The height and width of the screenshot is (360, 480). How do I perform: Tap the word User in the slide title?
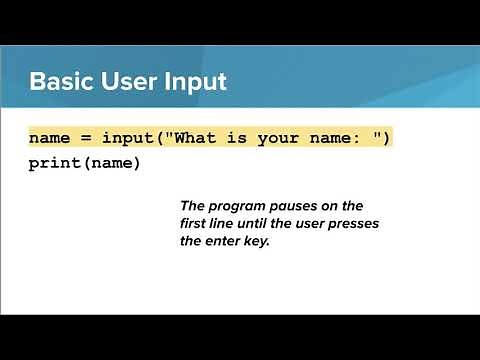tap(134, 81)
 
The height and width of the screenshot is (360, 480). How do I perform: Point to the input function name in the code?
tap(127, 137)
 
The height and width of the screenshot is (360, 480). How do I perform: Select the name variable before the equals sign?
tap(49, 137)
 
